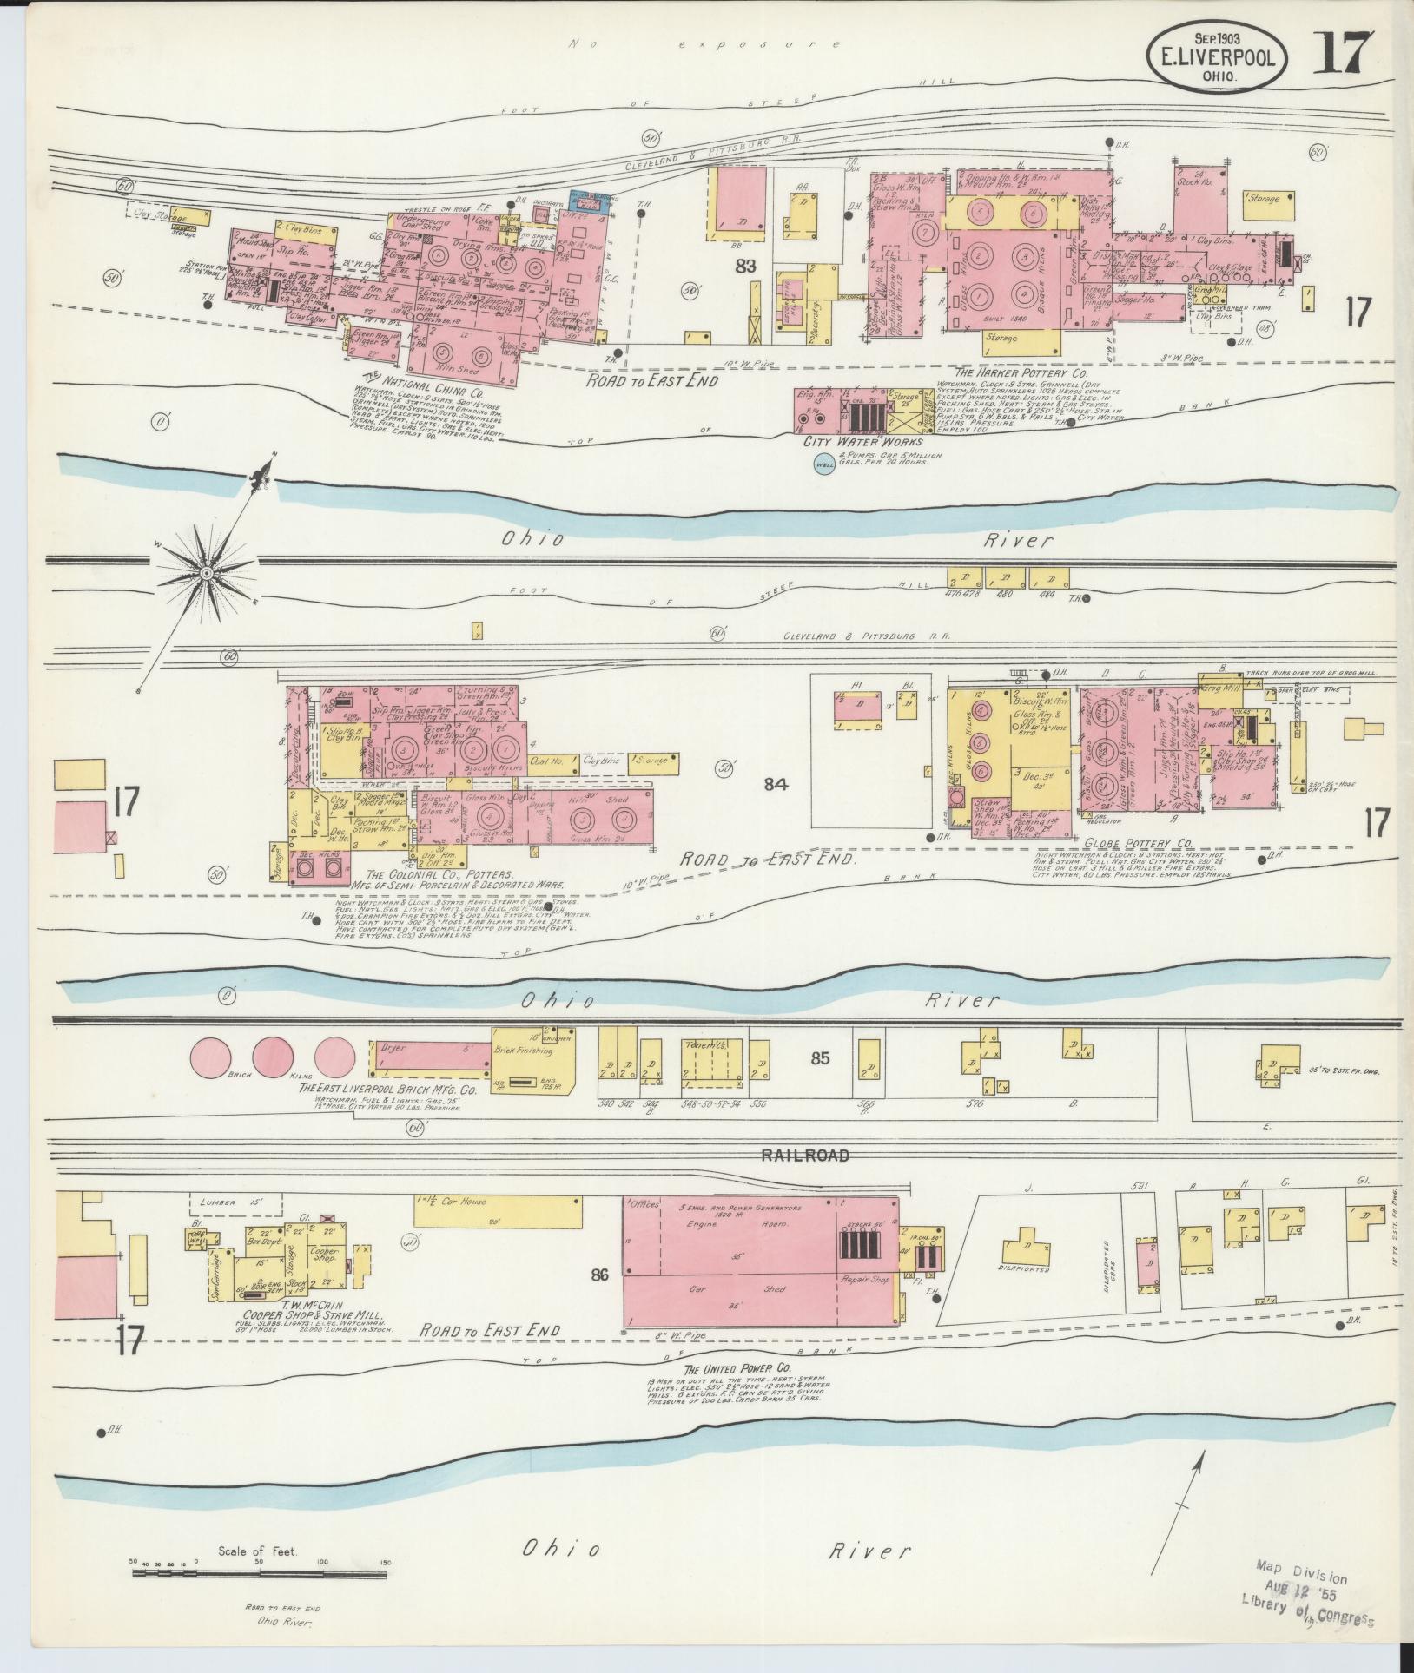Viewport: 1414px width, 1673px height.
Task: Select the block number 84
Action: pos(775,785)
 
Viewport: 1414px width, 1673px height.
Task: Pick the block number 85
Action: pos(820,1057)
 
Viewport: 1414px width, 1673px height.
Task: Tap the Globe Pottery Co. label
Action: pos(1139,842)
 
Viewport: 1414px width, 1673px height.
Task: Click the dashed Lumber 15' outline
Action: pos(236,1204)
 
